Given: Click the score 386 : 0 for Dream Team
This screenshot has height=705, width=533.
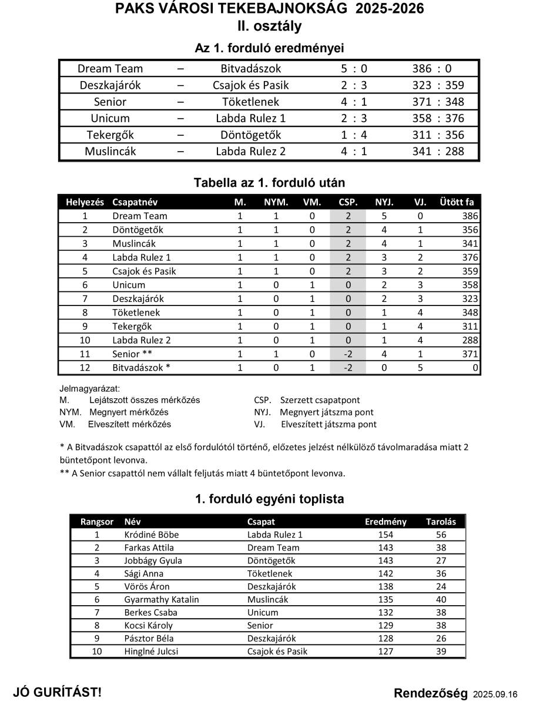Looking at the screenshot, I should pos(431,69).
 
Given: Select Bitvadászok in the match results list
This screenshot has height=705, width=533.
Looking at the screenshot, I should pos(251,69).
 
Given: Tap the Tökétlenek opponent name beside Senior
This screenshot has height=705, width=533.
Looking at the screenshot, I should pos(251,102).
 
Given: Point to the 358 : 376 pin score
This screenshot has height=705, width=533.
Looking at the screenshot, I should pos(438,118).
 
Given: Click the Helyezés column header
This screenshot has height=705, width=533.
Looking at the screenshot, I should pos(85,202).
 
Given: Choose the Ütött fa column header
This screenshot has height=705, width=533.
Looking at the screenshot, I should pos(457,202).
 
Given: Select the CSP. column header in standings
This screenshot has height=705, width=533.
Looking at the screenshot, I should pos(348,202).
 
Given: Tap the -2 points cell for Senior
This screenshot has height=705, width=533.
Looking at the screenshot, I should pos(348,354).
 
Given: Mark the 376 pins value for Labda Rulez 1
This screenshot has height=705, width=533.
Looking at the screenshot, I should pos(471,257).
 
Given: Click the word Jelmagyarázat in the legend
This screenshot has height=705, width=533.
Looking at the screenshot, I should pos(89,389).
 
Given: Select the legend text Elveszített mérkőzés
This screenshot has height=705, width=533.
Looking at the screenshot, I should pos(129,424).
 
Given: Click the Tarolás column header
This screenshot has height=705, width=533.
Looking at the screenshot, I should pos(441,522).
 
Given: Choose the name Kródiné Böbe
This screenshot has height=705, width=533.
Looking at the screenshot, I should pos(152,535).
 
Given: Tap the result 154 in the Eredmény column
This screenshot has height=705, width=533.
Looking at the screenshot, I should pos(386,535).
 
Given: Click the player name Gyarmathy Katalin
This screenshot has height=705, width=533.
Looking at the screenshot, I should pos(162,600).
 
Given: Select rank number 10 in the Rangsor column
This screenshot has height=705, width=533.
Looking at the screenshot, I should pos(97,652).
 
